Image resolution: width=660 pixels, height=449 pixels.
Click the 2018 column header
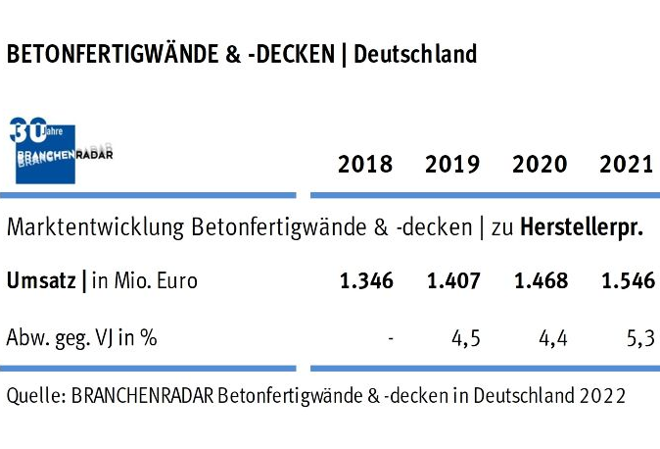point(365,164)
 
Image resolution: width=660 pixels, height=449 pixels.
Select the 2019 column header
point(452,164)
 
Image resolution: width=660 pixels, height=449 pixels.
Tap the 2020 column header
point(540,164)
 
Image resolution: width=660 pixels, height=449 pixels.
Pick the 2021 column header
point(626,164)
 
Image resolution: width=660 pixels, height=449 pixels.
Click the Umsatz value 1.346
point(366,281)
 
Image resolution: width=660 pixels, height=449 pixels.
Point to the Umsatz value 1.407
point(453,281)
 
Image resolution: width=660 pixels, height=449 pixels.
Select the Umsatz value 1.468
point(541,281)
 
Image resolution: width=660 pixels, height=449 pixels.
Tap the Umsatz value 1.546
point(627,281)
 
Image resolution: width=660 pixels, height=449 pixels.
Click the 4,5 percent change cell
point(465,339)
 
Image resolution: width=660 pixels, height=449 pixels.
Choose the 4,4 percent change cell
point(552,339)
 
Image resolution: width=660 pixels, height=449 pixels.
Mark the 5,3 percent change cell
point(639,339)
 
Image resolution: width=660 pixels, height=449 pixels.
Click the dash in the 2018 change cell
point(390,339)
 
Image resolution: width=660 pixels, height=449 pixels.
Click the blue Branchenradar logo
point(59,150)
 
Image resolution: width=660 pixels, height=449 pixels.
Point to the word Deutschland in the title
point(415,54)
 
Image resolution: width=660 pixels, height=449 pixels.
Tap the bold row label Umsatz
point(42,281)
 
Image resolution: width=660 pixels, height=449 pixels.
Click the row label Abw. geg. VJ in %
point(82,339)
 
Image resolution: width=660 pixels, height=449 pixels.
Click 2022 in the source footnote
point(603,397)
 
